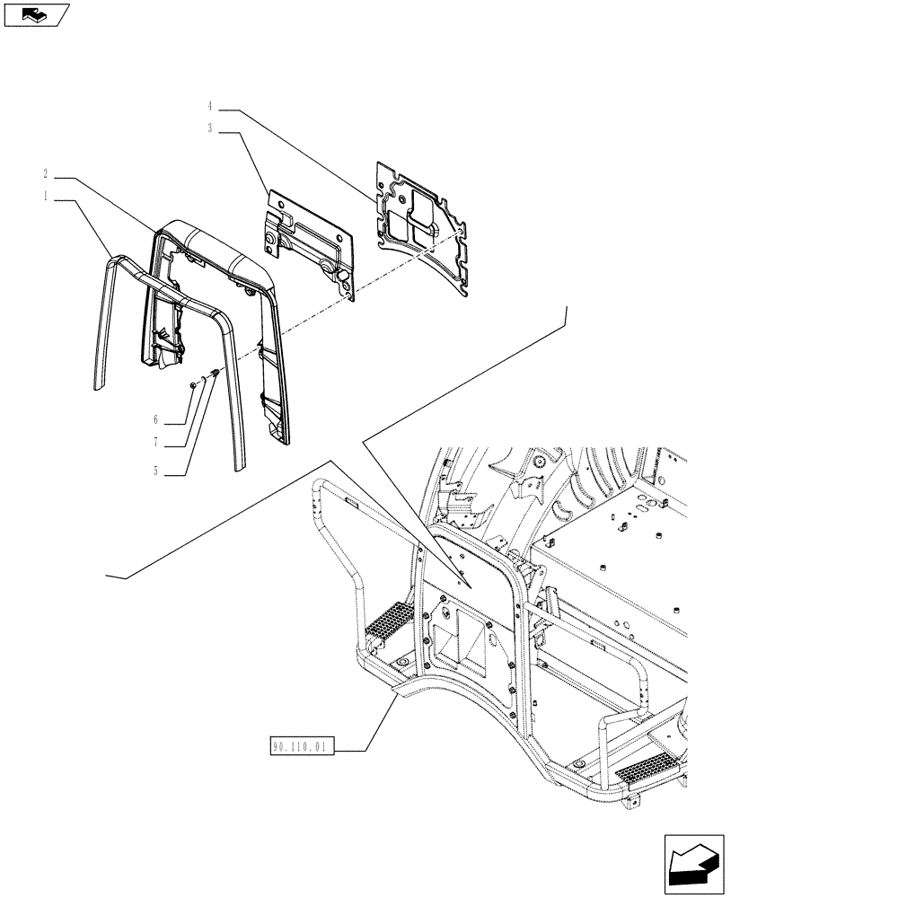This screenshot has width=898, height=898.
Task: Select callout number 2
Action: [45, 173]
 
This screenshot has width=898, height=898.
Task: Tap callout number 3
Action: [209, 129]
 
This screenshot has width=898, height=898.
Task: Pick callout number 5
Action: [157, 470]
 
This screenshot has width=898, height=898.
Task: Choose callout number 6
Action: [156, 419]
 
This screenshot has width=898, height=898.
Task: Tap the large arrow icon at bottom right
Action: [693, 865]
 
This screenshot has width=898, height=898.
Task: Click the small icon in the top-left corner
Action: [36, 14]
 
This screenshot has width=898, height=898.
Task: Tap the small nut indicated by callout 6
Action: [192, 385]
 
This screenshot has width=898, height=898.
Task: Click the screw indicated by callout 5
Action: [214, 374]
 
